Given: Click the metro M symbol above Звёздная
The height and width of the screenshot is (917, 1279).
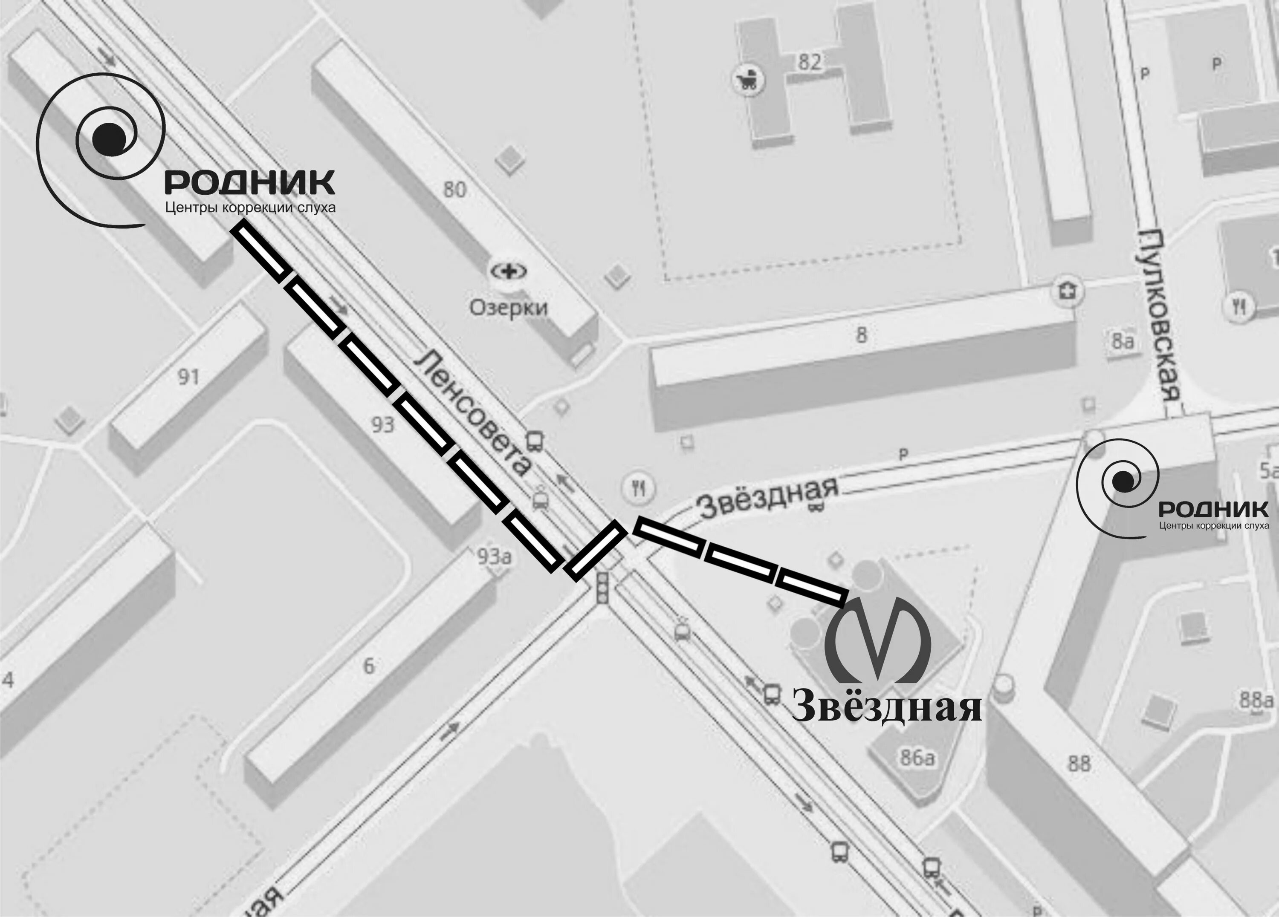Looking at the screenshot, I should pyautogui.click(x=877, y=643).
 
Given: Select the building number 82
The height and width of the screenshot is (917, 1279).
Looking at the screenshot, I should pyautogui.click(x=809, y=62).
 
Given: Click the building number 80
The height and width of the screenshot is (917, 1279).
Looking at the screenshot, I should pyautogui.click(x=454, y=189).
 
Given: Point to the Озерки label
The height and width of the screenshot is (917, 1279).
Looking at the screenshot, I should pyautogui.click(x=508, y=308).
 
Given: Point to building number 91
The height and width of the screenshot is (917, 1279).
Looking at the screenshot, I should pyautogui.click(x=188, y=377).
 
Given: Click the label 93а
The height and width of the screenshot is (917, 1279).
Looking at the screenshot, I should pyautogui.click(x=494, y=556).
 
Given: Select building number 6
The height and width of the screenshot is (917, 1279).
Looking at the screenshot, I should pyautogui.click(x=368, y=666).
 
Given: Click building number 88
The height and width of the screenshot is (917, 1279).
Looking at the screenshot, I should pyautogui.click(x=1079, y=764).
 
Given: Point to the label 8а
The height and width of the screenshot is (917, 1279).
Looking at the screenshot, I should pyautogui.click(x=1122, y=341).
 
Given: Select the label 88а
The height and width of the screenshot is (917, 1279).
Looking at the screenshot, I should pyautogui.click(x=1256, y=701).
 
